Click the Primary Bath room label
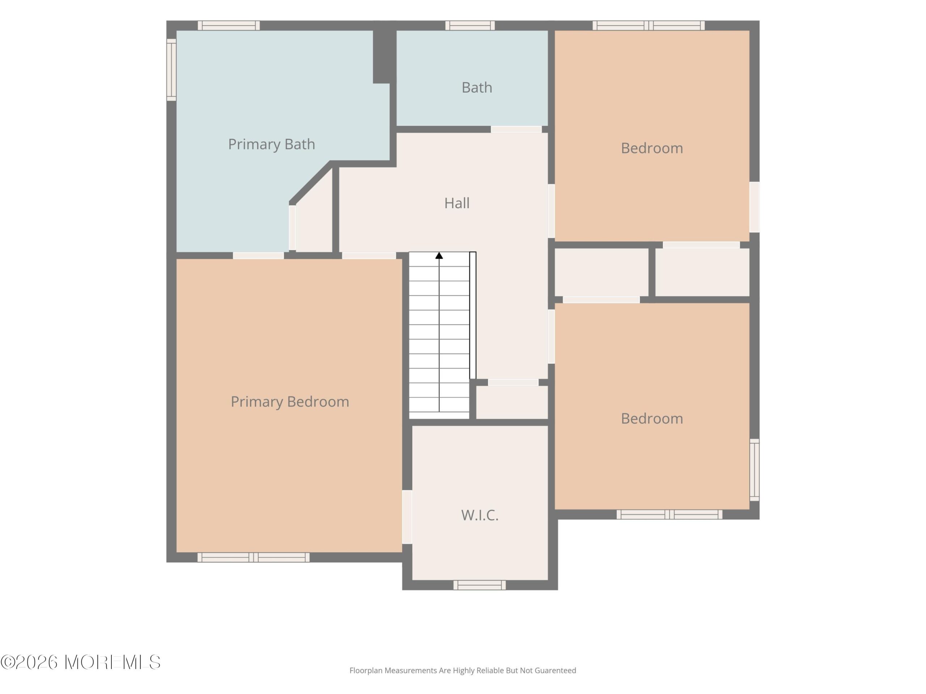tap(271, 144)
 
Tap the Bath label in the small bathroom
tap(477, 87)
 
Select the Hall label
tap(457, 203)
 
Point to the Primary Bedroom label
tap(290, 402)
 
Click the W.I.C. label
tap(480, 515)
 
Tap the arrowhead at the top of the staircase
tap(439, 256)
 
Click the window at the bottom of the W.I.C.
tap(479, 585)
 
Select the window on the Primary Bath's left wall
tap(171, 70)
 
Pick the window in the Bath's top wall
tap(470, 26)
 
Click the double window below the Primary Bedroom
tap(253, 558)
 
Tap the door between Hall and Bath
tap(516, 129)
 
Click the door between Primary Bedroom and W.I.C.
tap(407, 517)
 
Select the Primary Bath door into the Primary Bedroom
tap(258, 256)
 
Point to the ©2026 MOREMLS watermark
tap(80, 662)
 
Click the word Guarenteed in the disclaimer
tap(555, 671)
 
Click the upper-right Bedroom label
tap(652, 148)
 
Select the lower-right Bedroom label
tap(652, 419)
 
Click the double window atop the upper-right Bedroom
tap(649, 26)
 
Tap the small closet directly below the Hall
tap(512, 402)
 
